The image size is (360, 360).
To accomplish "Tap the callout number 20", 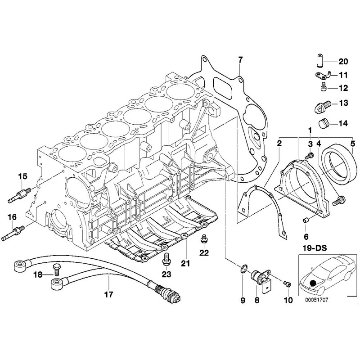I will (343, 62).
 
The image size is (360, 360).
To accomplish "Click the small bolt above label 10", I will (288, 283).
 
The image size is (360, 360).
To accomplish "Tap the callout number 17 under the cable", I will (108, 295).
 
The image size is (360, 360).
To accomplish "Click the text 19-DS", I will (315, 247).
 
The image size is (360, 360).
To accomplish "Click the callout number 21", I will (185, 262).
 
